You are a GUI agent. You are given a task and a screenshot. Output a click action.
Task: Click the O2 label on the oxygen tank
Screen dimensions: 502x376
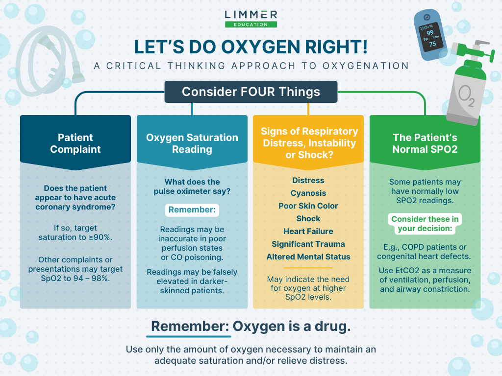[x=466, y=95]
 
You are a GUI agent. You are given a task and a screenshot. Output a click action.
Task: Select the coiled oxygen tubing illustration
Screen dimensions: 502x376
[x=48, y=61]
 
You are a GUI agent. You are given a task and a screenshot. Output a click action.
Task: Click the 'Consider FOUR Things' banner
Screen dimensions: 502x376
[x=251, y=92]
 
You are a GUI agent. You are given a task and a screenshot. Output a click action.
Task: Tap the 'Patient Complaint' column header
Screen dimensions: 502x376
[x=75, y=143]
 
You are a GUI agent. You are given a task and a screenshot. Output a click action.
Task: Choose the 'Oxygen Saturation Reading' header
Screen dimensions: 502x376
[x=192, y=143]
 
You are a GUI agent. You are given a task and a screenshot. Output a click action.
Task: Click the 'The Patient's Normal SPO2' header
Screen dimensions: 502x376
[x=425, y=143]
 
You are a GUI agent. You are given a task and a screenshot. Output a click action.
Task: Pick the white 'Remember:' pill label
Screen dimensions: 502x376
[x=192, y=210]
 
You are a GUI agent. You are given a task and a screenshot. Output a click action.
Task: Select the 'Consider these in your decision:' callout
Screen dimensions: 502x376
[x=425, y=223]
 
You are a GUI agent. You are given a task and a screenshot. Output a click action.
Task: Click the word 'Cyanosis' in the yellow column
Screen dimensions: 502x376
[x=308, y=193]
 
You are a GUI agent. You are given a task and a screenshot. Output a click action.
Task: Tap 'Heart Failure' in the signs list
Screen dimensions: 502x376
[x=308, y=231]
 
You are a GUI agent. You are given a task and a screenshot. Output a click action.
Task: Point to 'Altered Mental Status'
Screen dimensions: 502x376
[x=308, y=257]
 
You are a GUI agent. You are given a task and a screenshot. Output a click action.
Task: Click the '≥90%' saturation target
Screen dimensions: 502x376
[x=100, y=237]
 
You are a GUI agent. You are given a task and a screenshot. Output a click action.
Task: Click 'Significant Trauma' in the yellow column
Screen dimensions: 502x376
[x=308, y=244]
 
